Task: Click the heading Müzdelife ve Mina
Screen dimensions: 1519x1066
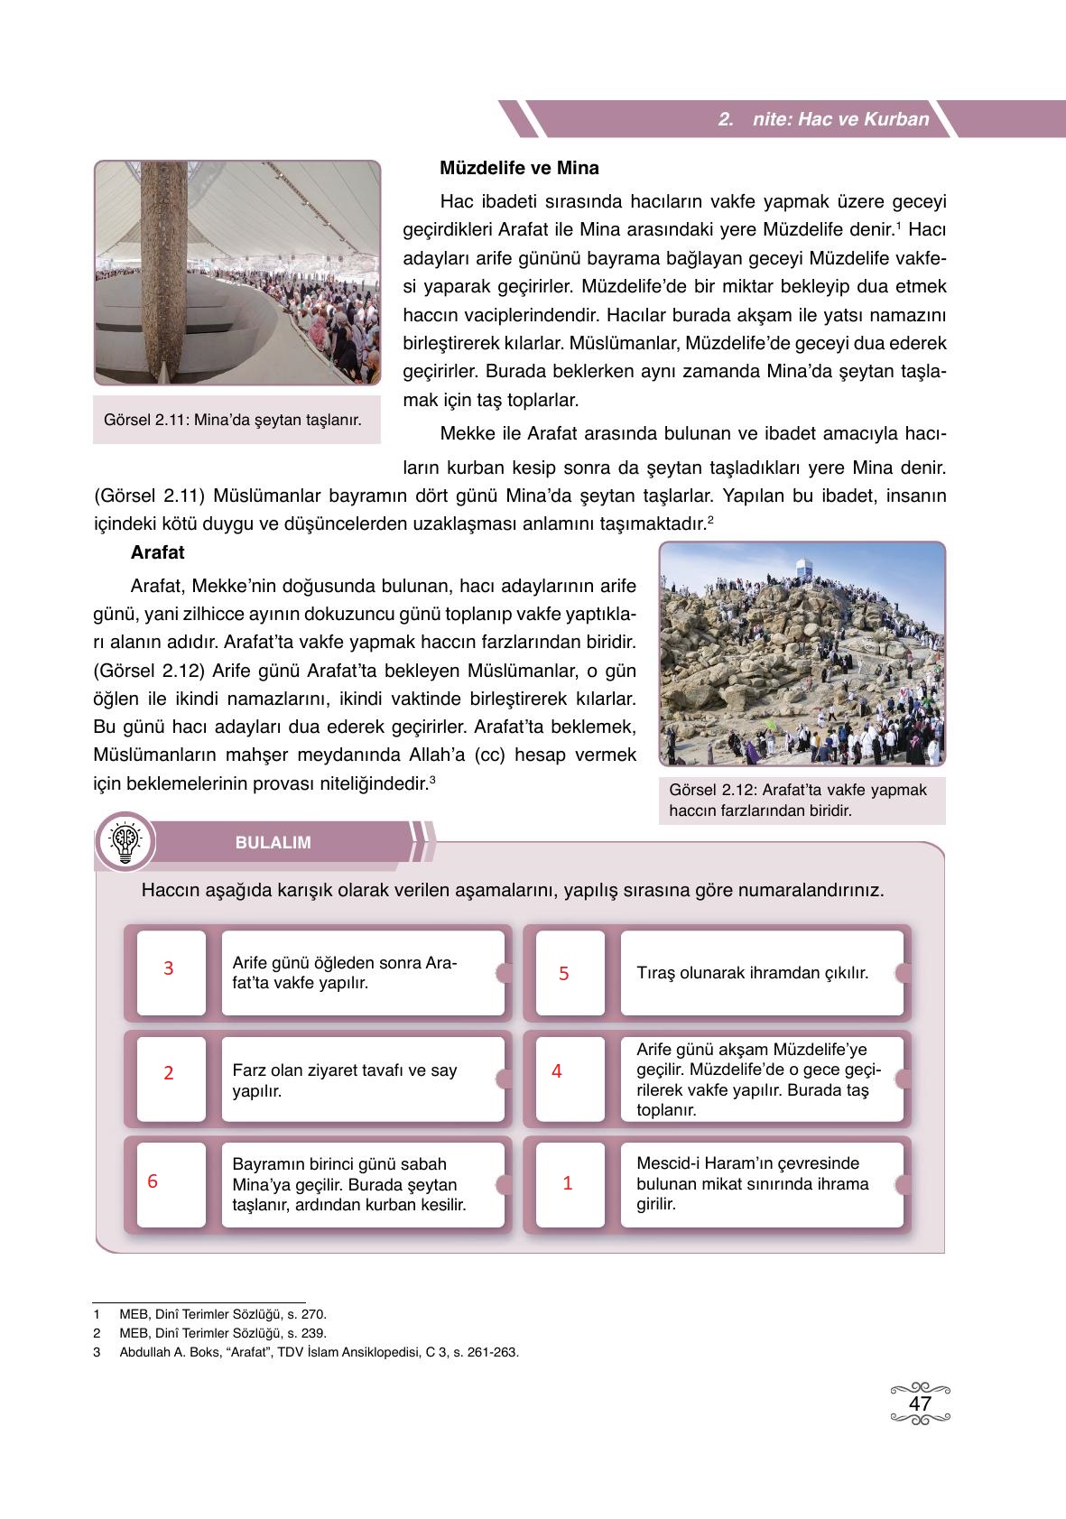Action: coord(519,168)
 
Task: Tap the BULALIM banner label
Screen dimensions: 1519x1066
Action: coord(273,843)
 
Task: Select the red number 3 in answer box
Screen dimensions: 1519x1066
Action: coord(169,968)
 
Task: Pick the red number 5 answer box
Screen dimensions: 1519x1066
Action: coord(564,974)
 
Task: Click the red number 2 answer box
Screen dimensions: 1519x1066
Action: coord(169,1073)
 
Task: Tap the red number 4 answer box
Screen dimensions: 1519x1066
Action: coord(557,1071)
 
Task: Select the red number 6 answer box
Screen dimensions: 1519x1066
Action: coord(153,1181)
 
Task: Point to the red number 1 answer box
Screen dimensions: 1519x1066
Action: coord(568,1182)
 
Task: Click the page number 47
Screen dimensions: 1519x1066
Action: coord(920,1404)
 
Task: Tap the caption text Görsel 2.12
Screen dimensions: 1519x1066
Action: coord(798,800)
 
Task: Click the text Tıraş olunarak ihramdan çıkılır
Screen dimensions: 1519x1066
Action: coord(752,973)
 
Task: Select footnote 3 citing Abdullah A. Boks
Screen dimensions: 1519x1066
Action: coord(318,1352)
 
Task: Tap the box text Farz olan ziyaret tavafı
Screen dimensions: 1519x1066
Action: coord(344,1080)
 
